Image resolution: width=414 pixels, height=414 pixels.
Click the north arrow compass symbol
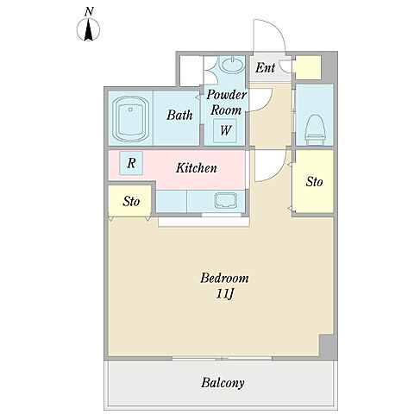coord(88,29)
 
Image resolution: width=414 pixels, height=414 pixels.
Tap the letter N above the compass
coord(89,12)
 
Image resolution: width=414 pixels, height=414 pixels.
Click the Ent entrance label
coord(266,68)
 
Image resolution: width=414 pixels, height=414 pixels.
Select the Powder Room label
coord(226,103)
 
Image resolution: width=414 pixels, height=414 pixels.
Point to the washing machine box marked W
coord(225,130)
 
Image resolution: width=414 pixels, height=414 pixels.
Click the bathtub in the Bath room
coord(131,119)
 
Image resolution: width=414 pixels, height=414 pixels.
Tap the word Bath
coord(179,115)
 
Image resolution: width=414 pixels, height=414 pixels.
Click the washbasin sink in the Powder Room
coord(232,65)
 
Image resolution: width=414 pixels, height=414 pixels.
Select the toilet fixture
coord(315,130)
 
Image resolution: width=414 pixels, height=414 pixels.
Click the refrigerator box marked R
coord(131,163)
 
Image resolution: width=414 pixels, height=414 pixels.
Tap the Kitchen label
coord(197,168)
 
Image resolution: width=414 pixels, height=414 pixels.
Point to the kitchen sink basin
coord(226,200)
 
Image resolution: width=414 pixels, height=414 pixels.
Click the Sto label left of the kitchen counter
coord(131,201)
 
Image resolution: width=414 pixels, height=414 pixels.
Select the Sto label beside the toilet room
coord(314,182)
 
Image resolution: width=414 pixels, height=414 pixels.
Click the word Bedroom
coord(224,278)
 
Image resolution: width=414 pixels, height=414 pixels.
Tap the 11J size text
coord(224,294)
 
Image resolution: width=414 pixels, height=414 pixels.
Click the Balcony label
coord(223,383)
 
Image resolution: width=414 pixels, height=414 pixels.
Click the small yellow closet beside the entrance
coord(308,67)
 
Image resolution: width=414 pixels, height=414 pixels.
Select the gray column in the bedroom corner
coord(328,345)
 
